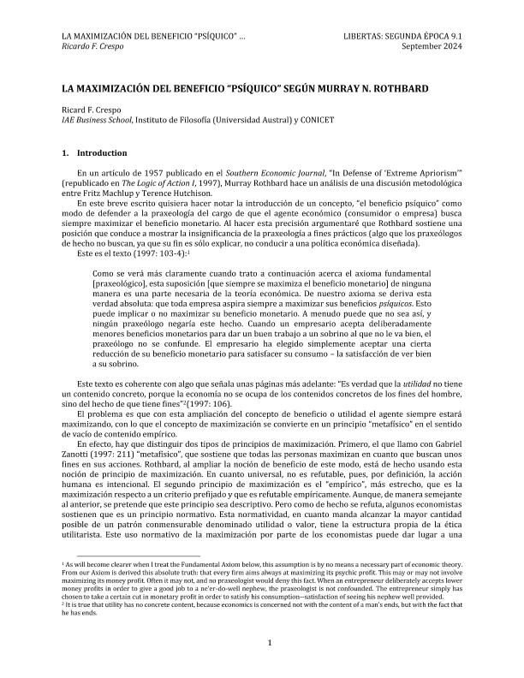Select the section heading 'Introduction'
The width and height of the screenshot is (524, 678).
click(101, 153)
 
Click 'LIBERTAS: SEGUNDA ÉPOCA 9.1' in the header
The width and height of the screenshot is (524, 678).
click(403, 35)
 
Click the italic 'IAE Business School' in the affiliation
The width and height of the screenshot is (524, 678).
click(98, 121)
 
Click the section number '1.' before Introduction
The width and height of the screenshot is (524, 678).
click(65, 153)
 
